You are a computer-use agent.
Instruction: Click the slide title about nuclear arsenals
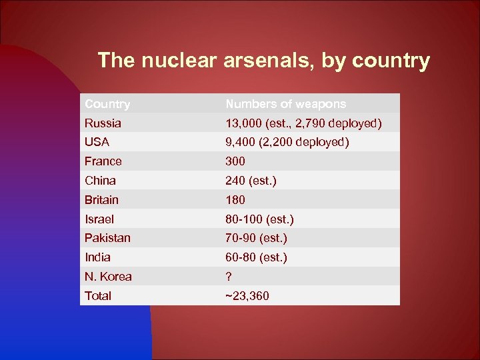pos(263,61)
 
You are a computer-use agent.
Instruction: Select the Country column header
pos(107,104)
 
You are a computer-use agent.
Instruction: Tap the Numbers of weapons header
pos(286,104)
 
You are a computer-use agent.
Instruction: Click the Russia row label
pos(103,123)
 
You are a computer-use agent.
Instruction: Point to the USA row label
pos(97,142)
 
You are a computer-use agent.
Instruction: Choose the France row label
pos(103,161)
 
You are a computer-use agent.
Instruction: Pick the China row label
pos(100,181)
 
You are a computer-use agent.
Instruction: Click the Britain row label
pos(101,200)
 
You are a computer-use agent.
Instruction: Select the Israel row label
pos(99,219)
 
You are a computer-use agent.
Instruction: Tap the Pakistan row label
pos(107,238)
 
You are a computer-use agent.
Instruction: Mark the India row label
pos(97,257)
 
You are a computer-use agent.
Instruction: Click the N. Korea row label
pos(108,277)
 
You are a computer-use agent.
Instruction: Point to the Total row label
pos(98,296)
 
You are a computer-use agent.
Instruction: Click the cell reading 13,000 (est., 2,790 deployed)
pos(303,123)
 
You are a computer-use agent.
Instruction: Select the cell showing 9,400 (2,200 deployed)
pos(287,142)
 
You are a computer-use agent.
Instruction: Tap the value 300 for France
pos(235,161)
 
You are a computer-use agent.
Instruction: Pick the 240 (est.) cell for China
pos(251,181)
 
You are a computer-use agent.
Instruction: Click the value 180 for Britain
pos(235,200)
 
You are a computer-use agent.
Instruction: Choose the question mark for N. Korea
pos(229,277)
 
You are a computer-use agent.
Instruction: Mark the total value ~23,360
pos(247,296)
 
